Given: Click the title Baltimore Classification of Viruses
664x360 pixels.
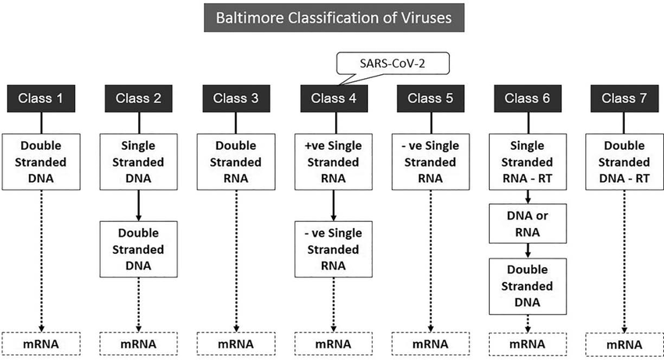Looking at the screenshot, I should pos(332,16).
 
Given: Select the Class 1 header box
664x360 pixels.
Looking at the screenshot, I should pos(41,98).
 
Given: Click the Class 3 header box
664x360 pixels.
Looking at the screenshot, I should pos(236,98).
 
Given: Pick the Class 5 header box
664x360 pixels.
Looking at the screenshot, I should pos(430,98).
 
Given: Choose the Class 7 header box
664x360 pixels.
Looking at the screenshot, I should pos(623,98).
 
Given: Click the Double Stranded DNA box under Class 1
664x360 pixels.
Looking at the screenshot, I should pos(41,161).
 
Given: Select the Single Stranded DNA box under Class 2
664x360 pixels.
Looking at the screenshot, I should pos(139,161).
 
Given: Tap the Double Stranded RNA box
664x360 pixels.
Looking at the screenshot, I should pos(236,161).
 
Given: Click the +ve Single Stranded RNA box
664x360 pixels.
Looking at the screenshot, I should pos(334,161).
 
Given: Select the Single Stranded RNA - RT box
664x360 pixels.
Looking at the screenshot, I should pos(527,161).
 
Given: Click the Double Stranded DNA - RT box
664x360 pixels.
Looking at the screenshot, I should pos(623,161).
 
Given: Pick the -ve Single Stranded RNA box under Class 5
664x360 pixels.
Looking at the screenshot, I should pos(430,161).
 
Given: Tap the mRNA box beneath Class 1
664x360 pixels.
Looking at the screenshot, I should pos(41,344).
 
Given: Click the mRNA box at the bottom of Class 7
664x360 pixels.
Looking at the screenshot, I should pos(623,344).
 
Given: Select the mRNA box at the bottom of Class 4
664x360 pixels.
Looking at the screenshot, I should pos(334,344).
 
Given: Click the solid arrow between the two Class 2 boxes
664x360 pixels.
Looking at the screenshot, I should pos(139,205).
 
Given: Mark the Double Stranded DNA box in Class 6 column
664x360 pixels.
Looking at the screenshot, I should pos(527,286).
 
